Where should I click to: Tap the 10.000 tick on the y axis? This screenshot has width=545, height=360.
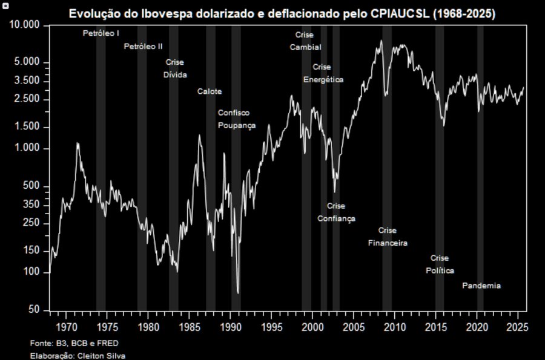click(25, 25)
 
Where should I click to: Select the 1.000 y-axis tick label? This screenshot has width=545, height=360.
click(28, 149)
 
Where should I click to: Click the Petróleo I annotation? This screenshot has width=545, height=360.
click(101, 33)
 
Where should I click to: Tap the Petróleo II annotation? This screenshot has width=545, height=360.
click(144, 46)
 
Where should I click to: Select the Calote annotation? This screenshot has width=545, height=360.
click(210, 91)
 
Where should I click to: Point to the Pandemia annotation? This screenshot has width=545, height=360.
click(481, 286)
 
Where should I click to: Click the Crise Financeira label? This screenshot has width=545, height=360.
click(388, 237)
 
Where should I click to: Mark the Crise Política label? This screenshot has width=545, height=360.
click(440, 264)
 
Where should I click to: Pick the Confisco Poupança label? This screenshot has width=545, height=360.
click(236, 119)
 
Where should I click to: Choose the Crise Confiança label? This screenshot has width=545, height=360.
click(336, 212)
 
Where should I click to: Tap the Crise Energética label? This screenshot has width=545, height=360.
click(323, 73)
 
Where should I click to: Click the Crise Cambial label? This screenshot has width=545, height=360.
click(305, 41)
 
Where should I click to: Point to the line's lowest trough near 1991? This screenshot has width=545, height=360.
click(238, 293)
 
